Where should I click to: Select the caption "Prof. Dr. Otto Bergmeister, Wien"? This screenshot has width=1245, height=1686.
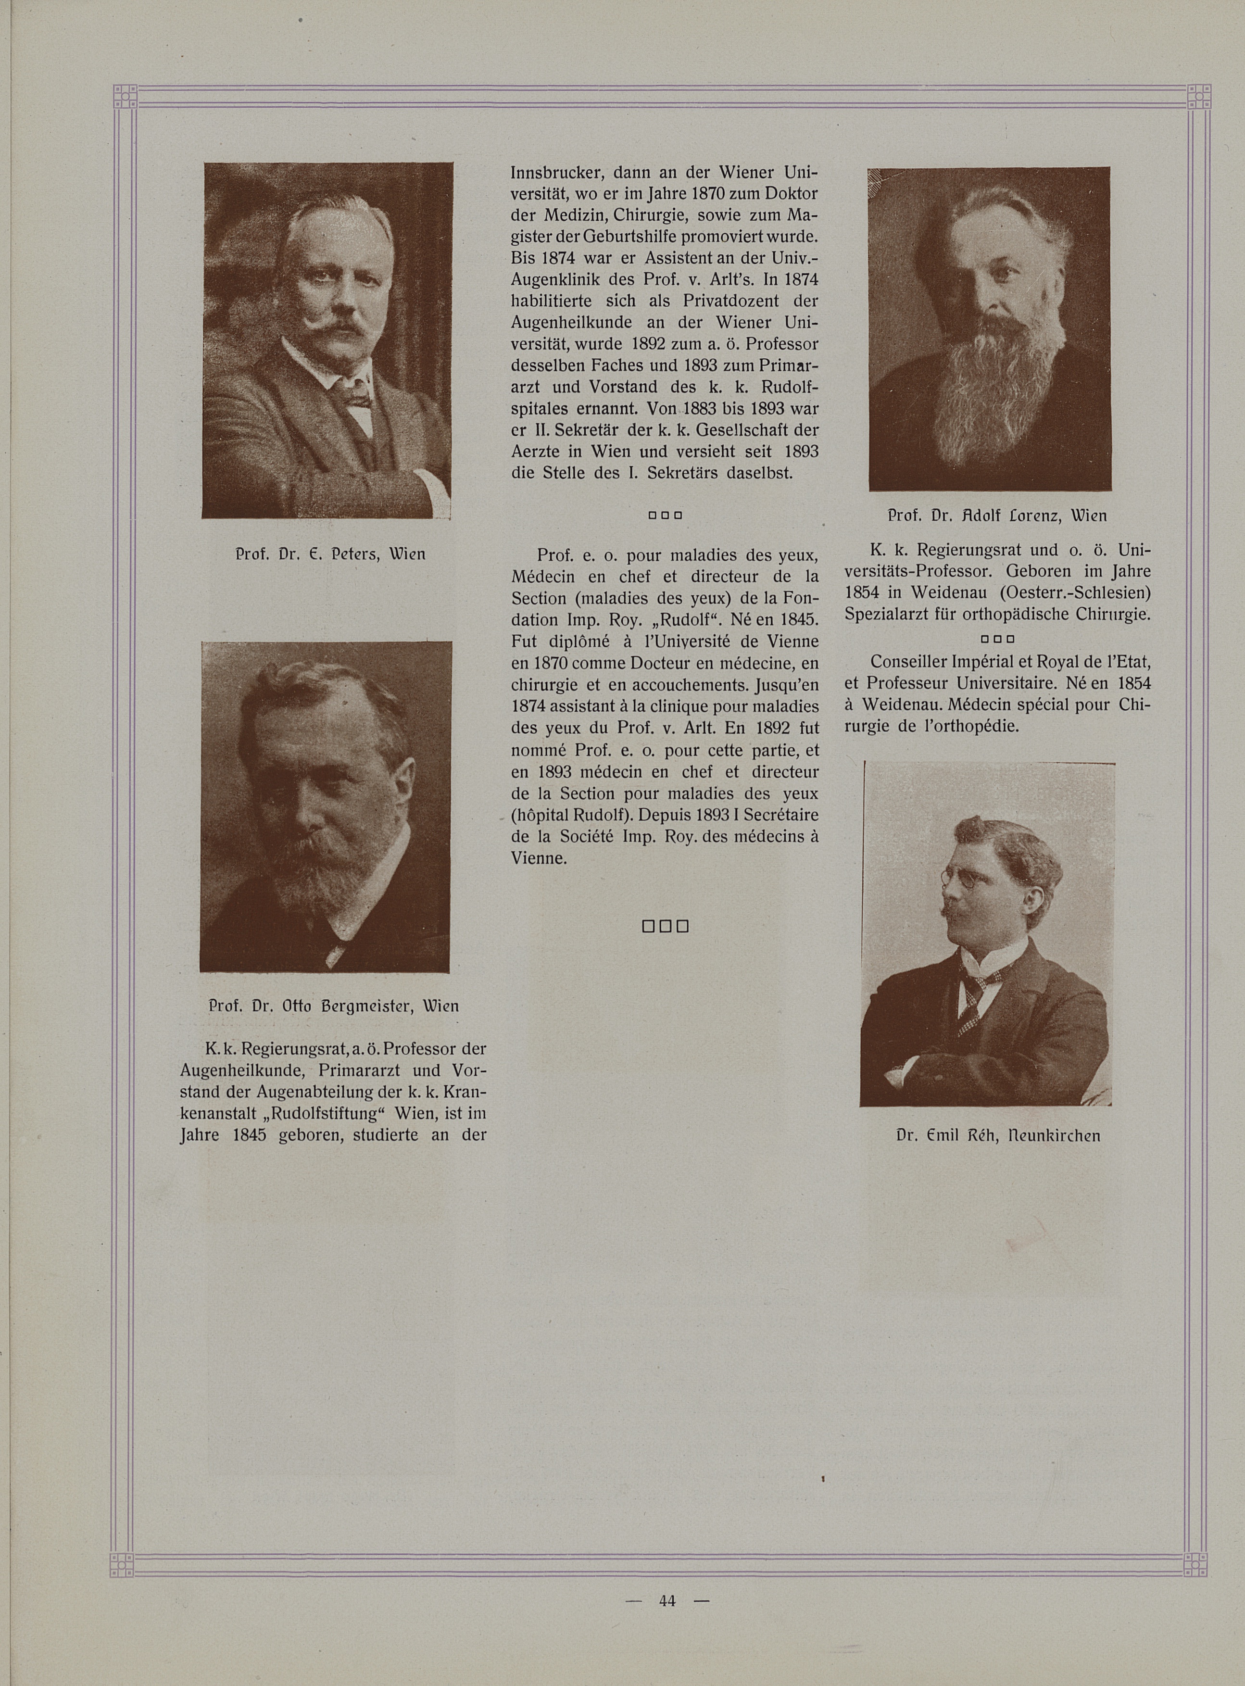coord(332,1006)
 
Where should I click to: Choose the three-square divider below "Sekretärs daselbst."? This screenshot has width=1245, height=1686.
coord(665,516)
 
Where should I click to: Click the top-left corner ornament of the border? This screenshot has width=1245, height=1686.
coord(125,97)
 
